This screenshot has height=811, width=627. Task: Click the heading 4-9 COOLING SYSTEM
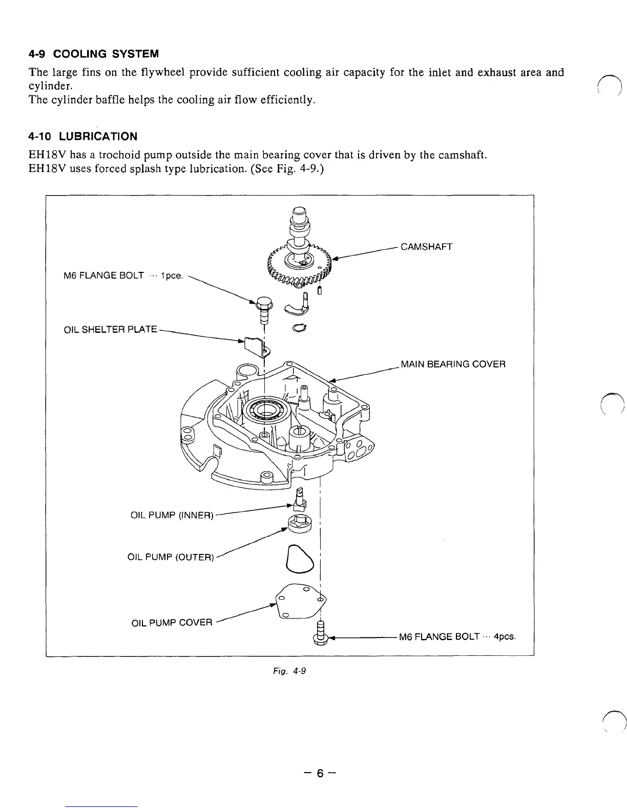coord(93,54)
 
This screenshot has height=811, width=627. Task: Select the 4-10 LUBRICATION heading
coord(83,137)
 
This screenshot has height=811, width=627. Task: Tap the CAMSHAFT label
coord(426,247)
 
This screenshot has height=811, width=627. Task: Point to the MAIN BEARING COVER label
coord(453,365)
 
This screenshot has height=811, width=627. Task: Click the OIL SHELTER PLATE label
coord(110,329)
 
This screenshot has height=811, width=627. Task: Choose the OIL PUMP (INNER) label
coord(172,515)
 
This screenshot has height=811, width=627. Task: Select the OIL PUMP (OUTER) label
coord(170,557)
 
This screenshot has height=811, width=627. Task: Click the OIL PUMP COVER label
coord(172,623)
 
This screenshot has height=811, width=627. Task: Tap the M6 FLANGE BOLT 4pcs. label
coord(457,637)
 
